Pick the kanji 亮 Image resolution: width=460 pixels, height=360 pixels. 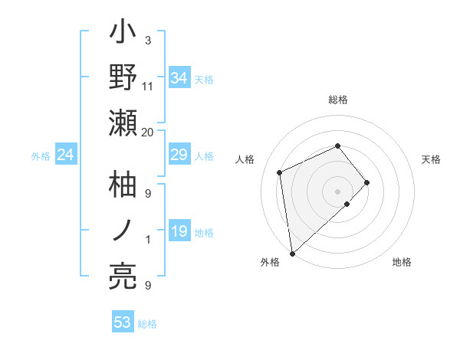point(123,275)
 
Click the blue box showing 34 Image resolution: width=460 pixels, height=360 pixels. point(179,77)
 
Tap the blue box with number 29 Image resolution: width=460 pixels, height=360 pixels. point(179,155)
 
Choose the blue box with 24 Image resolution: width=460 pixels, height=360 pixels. point(66,155)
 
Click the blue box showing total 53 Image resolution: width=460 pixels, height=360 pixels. point(123,322)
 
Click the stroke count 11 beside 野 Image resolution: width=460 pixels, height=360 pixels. point(148,86)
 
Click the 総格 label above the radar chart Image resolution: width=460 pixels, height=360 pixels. point(338,100)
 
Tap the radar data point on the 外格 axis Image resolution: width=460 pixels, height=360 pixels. point(292,254)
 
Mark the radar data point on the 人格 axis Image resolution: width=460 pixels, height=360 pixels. point(280,172)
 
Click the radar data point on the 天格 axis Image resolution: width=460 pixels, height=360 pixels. point(367,182)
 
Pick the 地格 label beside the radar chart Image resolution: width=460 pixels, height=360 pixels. point(402,262)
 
